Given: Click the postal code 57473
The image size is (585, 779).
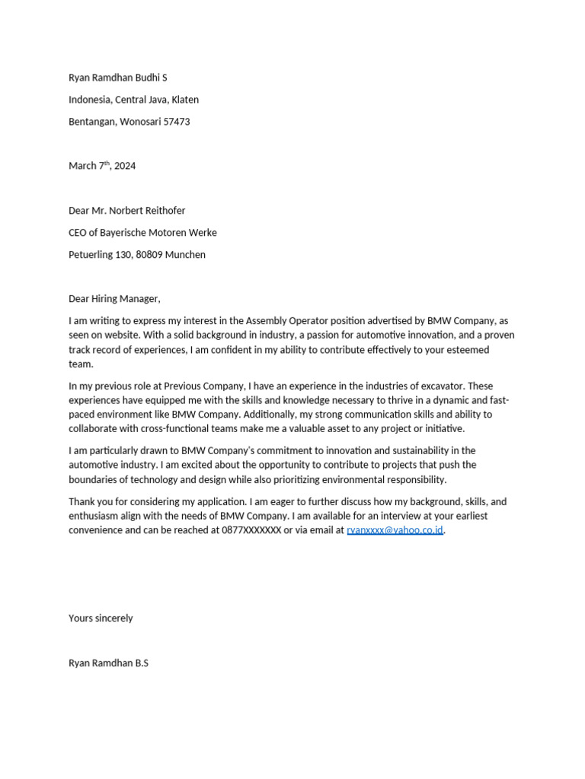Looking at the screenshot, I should tap(177, 122).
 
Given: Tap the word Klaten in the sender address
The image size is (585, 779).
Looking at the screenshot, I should tap(185, 100).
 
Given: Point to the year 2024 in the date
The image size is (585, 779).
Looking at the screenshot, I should tap(125, 166).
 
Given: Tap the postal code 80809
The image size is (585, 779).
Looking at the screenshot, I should tap(149, 255).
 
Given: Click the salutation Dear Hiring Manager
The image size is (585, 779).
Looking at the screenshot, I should tap(114, 299).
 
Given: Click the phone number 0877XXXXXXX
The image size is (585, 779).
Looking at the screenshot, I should tap(251, 530).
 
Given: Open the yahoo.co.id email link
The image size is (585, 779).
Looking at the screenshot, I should tap(395, 530).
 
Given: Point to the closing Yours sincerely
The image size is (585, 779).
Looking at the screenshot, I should tap(101, 618).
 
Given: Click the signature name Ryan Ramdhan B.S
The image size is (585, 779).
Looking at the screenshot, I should tap(108, 663).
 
